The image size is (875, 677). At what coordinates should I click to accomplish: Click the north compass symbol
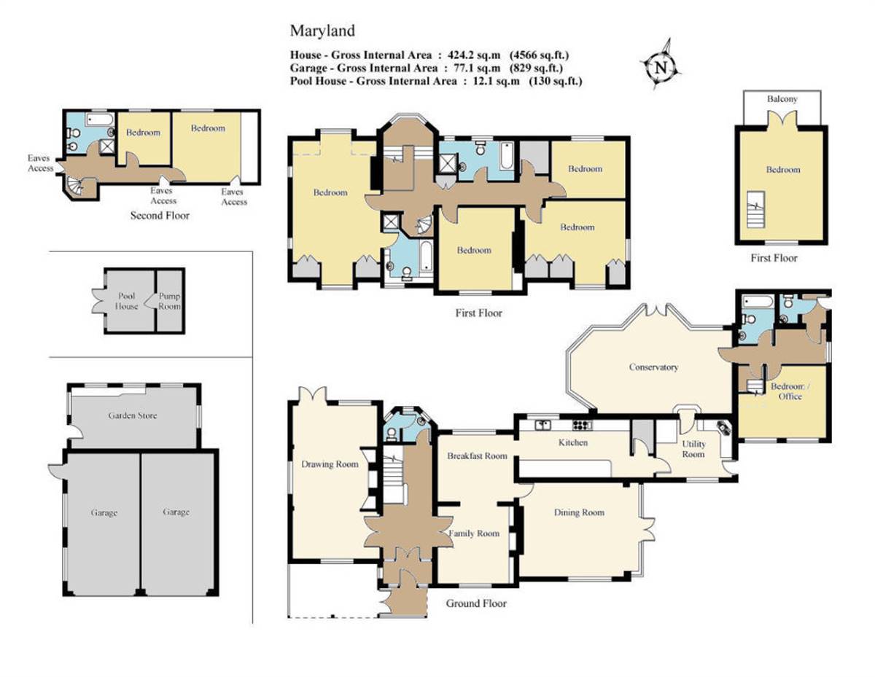[x=661, y=66]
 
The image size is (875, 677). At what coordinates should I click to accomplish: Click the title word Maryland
[x=322, y=31]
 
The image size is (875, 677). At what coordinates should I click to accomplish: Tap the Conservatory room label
[x=653, y=367]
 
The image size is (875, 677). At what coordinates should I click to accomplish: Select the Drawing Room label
[x=330, y=464]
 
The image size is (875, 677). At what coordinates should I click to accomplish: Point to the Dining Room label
[x=579, y=512]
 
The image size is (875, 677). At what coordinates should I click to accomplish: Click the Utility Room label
[x=693, y=449]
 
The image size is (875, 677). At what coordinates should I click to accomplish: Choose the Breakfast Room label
[x=477, y=456]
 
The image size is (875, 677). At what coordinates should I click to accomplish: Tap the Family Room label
[x=474, y=533]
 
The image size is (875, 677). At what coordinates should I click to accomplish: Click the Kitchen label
[x=573, y=442]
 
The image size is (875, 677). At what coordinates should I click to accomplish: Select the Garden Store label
[x=133, y=416]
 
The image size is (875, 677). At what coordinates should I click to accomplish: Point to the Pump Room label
[x=170, y=302]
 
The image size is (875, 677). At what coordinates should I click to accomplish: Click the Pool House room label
[x=127, y=302]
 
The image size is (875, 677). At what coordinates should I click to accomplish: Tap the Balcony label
[x=782, y=98]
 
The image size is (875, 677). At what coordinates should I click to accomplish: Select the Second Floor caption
[x=160, y=216]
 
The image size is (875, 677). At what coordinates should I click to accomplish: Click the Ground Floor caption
[x=476, y=603]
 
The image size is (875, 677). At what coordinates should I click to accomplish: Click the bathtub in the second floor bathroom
[x=97, y=117]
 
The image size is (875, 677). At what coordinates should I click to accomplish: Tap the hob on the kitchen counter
[x=581, y=424]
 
